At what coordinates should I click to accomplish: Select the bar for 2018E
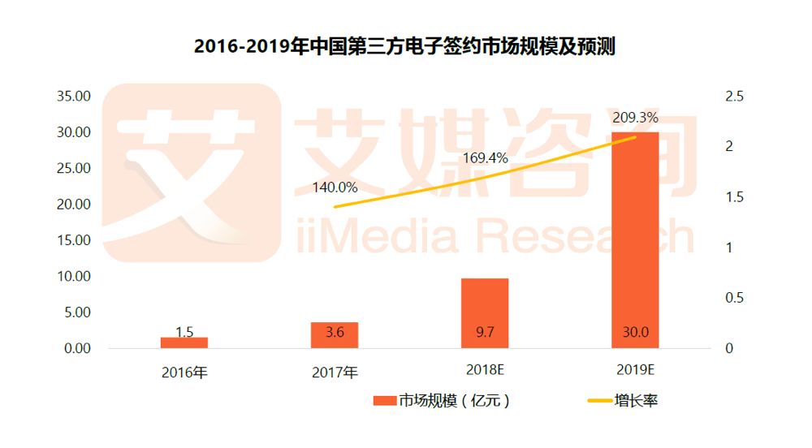click(485, 312)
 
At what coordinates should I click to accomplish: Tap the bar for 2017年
click(335, 335)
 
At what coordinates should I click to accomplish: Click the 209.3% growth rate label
click(635, 118)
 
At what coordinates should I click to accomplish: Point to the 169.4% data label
click(485, 157)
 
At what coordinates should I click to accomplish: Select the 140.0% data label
click(335, 187)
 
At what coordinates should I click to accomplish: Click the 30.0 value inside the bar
click(635, 332)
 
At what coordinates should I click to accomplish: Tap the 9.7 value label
click(485, 332)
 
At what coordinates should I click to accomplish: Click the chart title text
click(404, 46)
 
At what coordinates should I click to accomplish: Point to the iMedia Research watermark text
click(487, 235)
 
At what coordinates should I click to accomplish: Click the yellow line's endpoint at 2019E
click(635, 137)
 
